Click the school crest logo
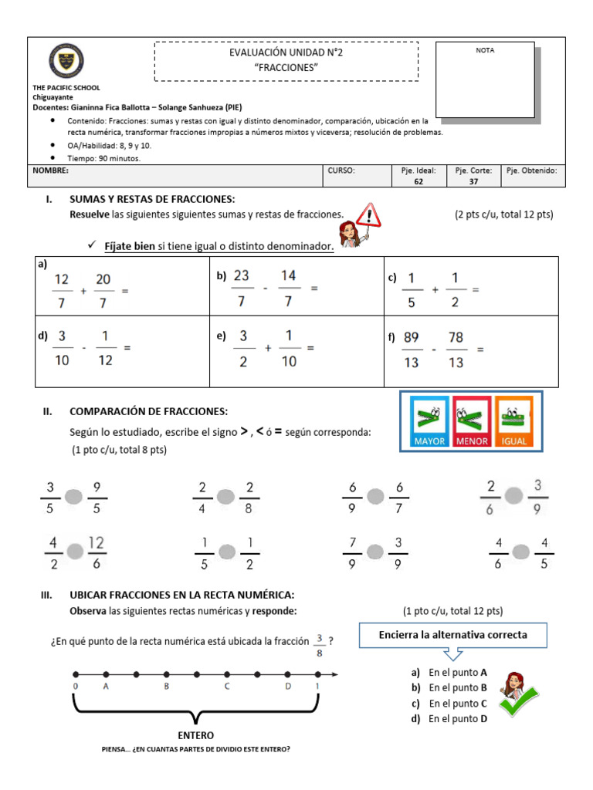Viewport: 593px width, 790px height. [x=66, y=60]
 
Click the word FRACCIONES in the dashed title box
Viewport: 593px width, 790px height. [x=286, y=67]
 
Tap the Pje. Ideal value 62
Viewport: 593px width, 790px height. [x=418, y=182]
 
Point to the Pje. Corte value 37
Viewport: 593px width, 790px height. [x=473, y=182]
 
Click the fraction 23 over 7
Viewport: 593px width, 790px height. [x=242, y=288]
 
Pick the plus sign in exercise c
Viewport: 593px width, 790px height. [x=435, y=290]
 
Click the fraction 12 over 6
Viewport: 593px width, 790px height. [x=97, y=552]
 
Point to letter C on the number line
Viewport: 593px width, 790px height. [x=226, y=686]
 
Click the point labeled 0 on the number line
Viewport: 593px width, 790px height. [x=76, y=675]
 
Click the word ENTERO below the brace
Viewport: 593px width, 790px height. [x=196, y=735]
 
